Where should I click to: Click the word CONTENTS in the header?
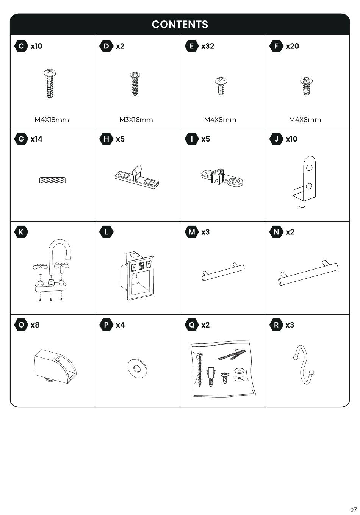(x=180, y=24)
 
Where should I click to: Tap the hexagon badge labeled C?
(x=21, y=46)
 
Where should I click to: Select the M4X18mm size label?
(x=52, y=120)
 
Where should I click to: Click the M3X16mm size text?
(x=136, y=120)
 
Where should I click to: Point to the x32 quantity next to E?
(x=208, y=46)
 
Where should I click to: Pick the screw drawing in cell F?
(x=306, y=86)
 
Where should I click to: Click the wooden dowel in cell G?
(x=53, y=180)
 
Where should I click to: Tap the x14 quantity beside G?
(x=37, y=139)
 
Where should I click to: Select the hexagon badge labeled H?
(x=106, y=139)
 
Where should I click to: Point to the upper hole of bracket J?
(x=309, y=168)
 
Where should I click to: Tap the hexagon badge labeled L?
(x=106, y=232)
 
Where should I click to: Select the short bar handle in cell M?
(x=223, y=272)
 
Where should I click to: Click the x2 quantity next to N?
(x=290, y=232)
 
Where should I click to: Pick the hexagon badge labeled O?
(x=21, y=325)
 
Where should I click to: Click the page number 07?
(x=353, y=509)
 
